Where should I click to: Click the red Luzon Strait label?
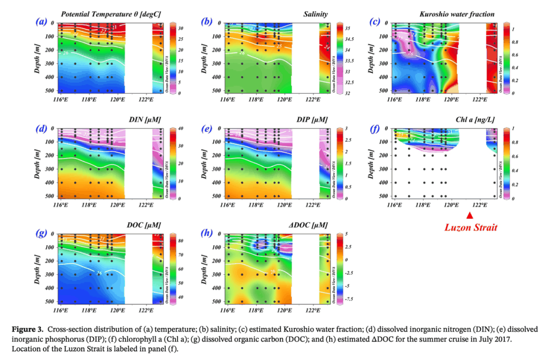[470, 227]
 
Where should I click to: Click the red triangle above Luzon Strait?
[470, 216]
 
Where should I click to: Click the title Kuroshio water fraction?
[457, 14]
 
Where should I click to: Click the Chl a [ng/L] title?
[475, 119]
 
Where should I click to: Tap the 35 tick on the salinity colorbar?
[349, 29]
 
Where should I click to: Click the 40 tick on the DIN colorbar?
[180, 128]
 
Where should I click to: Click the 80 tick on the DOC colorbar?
[180, 240]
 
